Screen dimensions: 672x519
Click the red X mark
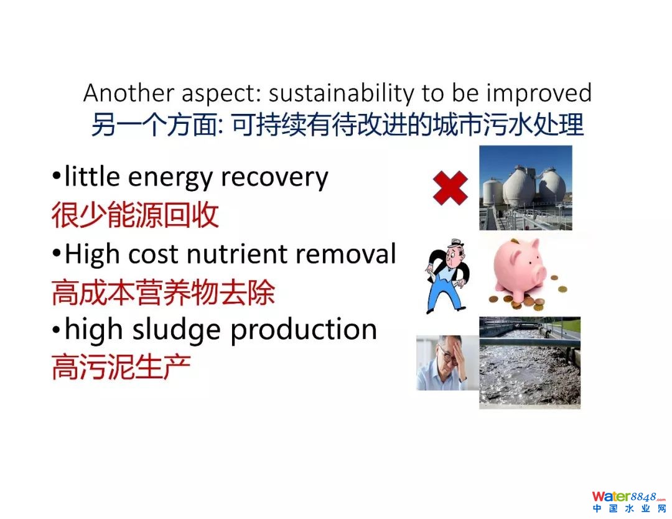(450, 188)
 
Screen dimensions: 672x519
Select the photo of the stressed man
(447, 363)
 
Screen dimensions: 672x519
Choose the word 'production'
(304, 330)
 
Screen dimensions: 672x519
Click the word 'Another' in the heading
(129, 93)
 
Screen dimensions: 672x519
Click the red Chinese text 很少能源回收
(136, 215)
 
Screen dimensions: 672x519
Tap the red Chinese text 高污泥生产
(121, 367)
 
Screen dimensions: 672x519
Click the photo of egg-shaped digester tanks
(525, 188)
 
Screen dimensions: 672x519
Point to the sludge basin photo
(530, 363)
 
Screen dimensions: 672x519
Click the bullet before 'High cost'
(56, 254)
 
